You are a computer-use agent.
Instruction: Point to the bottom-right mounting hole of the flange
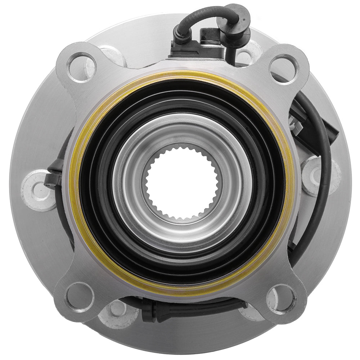point(281,298)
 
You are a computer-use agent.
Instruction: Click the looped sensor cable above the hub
point(202,14)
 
